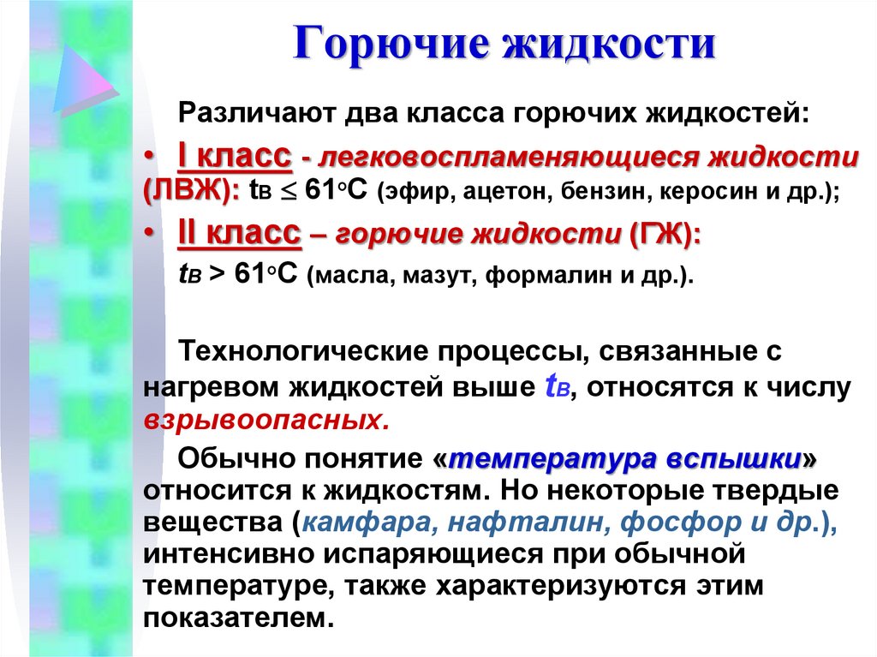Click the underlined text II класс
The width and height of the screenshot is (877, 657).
coord(239,234)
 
